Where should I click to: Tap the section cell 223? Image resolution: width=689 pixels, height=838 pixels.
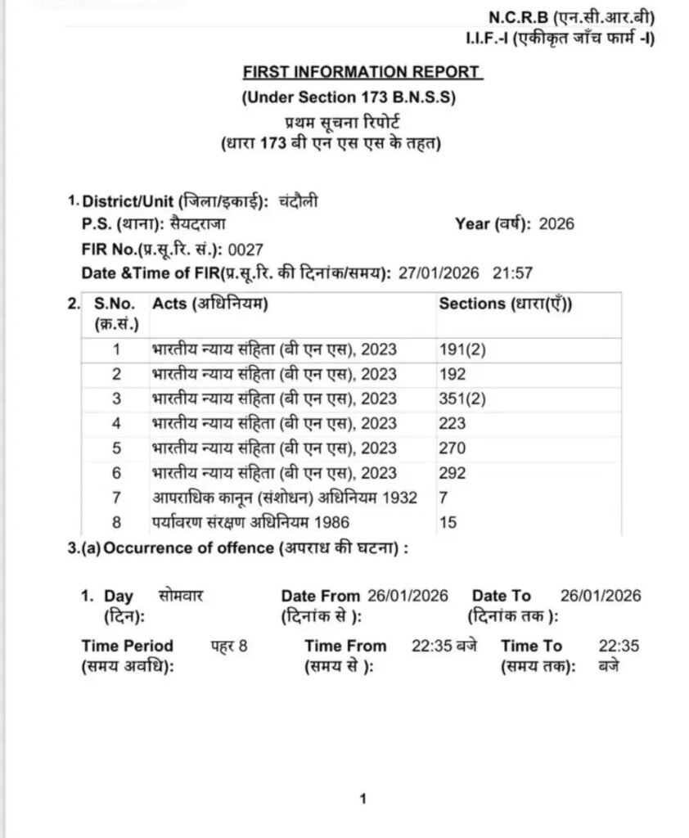(x=453, y=423)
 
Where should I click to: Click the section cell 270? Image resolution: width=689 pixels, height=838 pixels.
(x=453, y=448)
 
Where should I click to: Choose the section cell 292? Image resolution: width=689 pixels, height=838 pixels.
(x=453, y=472)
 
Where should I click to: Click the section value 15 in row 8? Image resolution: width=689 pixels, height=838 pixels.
(x=448, y=521)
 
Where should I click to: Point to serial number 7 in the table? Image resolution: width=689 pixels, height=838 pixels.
(x=116, y=497)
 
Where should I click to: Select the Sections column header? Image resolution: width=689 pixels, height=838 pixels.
(x=505, y=304)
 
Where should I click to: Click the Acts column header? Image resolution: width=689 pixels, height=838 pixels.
(x=210, y=304)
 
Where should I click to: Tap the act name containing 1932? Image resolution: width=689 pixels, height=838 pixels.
(x=284, y=497)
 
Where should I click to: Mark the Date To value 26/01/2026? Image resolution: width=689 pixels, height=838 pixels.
(x=600, y=595)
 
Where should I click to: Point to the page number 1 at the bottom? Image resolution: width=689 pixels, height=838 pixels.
(x=363, y=799)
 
